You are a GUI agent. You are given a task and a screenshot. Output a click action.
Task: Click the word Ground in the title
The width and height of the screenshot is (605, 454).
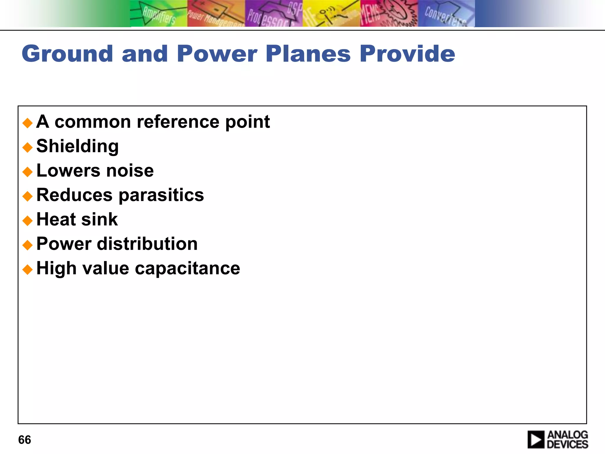point(67,54)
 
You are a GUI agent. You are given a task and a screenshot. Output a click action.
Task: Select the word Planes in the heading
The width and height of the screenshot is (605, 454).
point(308,54)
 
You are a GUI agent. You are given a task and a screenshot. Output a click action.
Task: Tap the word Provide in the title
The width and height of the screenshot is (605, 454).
point(407,54)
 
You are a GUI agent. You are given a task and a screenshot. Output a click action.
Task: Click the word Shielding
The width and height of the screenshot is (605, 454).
point(77,146)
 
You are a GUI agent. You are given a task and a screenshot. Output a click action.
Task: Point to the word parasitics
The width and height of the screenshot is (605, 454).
point(161,195)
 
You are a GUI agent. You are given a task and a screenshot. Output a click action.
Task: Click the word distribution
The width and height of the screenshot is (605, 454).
point(147,244)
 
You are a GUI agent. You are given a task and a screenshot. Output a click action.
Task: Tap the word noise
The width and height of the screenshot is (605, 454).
point(130,171)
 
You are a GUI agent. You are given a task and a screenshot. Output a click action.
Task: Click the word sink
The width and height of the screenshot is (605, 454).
point(99,220)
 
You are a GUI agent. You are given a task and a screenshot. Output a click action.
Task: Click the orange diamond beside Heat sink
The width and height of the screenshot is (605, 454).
point(27,220)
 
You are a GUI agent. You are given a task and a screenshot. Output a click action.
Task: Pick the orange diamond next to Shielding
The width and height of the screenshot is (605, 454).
point(27,147)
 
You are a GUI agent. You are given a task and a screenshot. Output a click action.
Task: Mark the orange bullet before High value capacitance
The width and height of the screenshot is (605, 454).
point(27,269)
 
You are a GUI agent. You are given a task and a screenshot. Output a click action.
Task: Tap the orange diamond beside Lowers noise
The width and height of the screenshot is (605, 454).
point(27,172)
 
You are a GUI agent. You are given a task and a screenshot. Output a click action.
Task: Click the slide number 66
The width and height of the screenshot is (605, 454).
point(25,440)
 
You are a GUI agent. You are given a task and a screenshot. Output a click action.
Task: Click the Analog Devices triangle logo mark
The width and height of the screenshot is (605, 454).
point(536,440)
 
